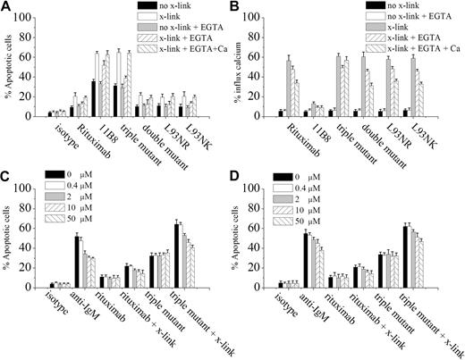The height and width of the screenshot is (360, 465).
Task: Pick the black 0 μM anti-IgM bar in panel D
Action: coord(307,261)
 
